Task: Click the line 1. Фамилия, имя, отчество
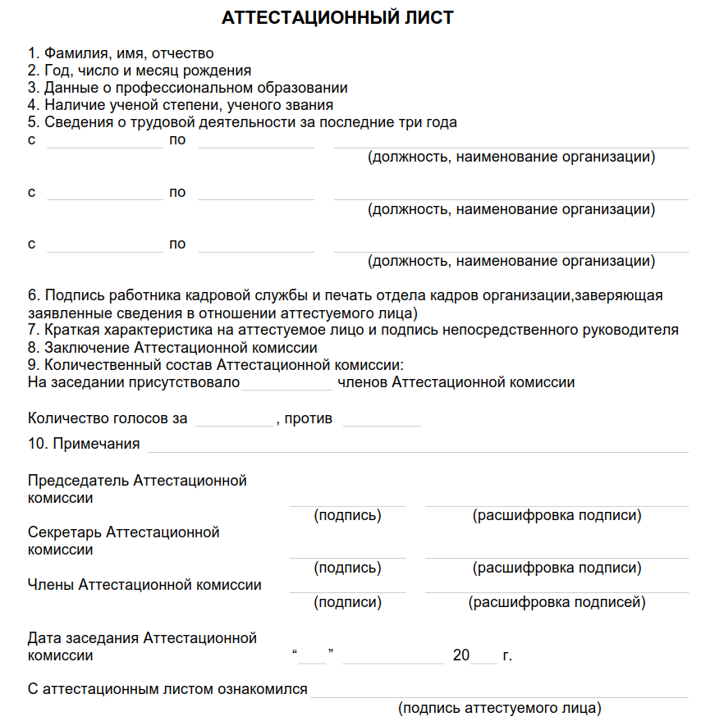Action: click(x=121, y=53)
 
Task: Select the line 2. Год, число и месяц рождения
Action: click(x=140, y=71)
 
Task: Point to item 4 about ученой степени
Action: click(x=181, y=105)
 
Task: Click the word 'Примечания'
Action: click(x=96, y=444)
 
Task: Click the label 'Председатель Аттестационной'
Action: click(x=137, y=481)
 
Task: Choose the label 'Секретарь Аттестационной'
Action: click(x=124, y=532)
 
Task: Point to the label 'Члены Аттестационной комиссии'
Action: click(x=144, y=585)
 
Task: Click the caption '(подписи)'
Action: click(x=347, y=602)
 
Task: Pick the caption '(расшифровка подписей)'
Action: click(x=557, y=602)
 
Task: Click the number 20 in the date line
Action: click(x=460, y=655)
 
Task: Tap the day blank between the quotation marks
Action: click(x=313, y=657)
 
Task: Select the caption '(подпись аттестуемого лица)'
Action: click(x=499, y=707)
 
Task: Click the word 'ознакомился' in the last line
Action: click(x=262, y=689)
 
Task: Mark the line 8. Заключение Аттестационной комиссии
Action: click(x=172, y=347)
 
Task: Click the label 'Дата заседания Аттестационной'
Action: click(x=142, y=637)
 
